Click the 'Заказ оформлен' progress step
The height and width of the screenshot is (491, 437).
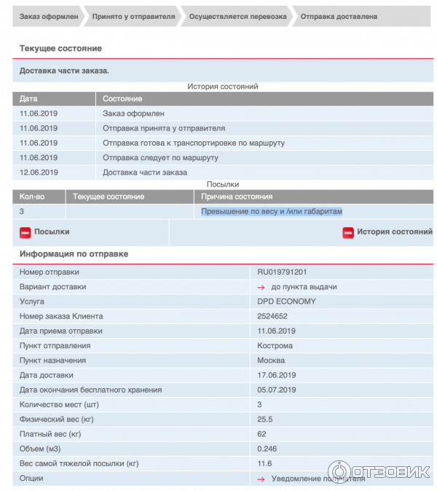point(45,16)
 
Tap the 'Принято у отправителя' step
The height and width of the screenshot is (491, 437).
point(133,16)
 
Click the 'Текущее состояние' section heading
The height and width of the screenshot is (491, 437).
point(60,48)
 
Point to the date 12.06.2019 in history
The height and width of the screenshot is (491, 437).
point(39,173)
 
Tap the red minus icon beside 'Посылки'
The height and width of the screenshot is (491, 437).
point(25,232)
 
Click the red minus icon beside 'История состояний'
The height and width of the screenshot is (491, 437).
point(348,232)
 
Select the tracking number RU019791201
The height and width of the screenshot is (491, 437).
point(288,272)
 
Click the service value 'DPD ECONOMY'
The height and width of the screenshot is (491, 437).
point(287,302)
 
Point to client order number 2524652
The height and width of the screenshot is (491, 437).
point(272,316)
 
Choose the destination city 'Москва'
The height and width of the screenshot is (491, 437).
point(272,361)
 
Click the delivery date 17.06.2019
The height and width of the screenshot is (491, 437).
point(277,375)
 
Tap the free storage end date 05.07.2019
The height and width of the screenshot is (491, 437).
point(277,390)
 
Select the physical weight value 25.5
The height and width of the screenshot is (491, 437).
point(265,420)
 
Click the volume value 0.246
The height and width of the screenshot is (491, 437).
point(267,449)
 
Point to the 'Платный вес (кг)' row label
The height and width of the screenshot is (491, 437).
point(50,434)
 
